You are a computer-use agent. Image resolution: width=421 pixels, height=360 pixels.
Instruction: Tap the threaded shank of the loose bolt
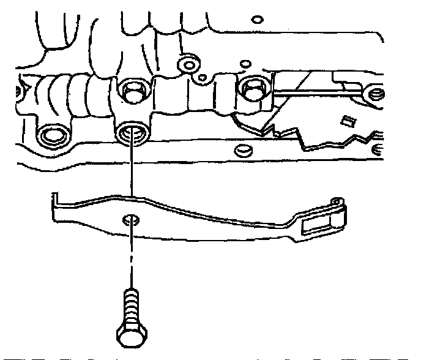coord(131,306)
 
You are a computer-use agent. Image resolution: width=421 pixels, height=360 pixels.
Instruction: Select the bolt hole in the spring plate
coord(130,219)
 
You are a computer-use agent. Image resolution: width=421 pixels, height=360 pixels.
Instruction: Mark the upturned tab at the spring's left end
coord(53,200)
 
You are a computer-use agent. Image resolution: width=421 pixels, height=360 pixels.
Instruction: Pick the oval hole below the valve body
coord(243,149)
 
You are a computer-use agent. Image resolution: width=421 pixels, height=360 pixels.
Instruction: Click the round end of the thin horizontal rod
coord(375,95)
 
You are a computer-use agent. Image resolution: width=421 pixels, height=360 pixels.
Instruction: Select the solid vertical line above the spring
coord(131,171)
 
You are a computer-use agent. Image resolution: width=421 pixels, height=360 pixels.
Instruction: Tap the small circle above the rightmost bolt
coord(246,63)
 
